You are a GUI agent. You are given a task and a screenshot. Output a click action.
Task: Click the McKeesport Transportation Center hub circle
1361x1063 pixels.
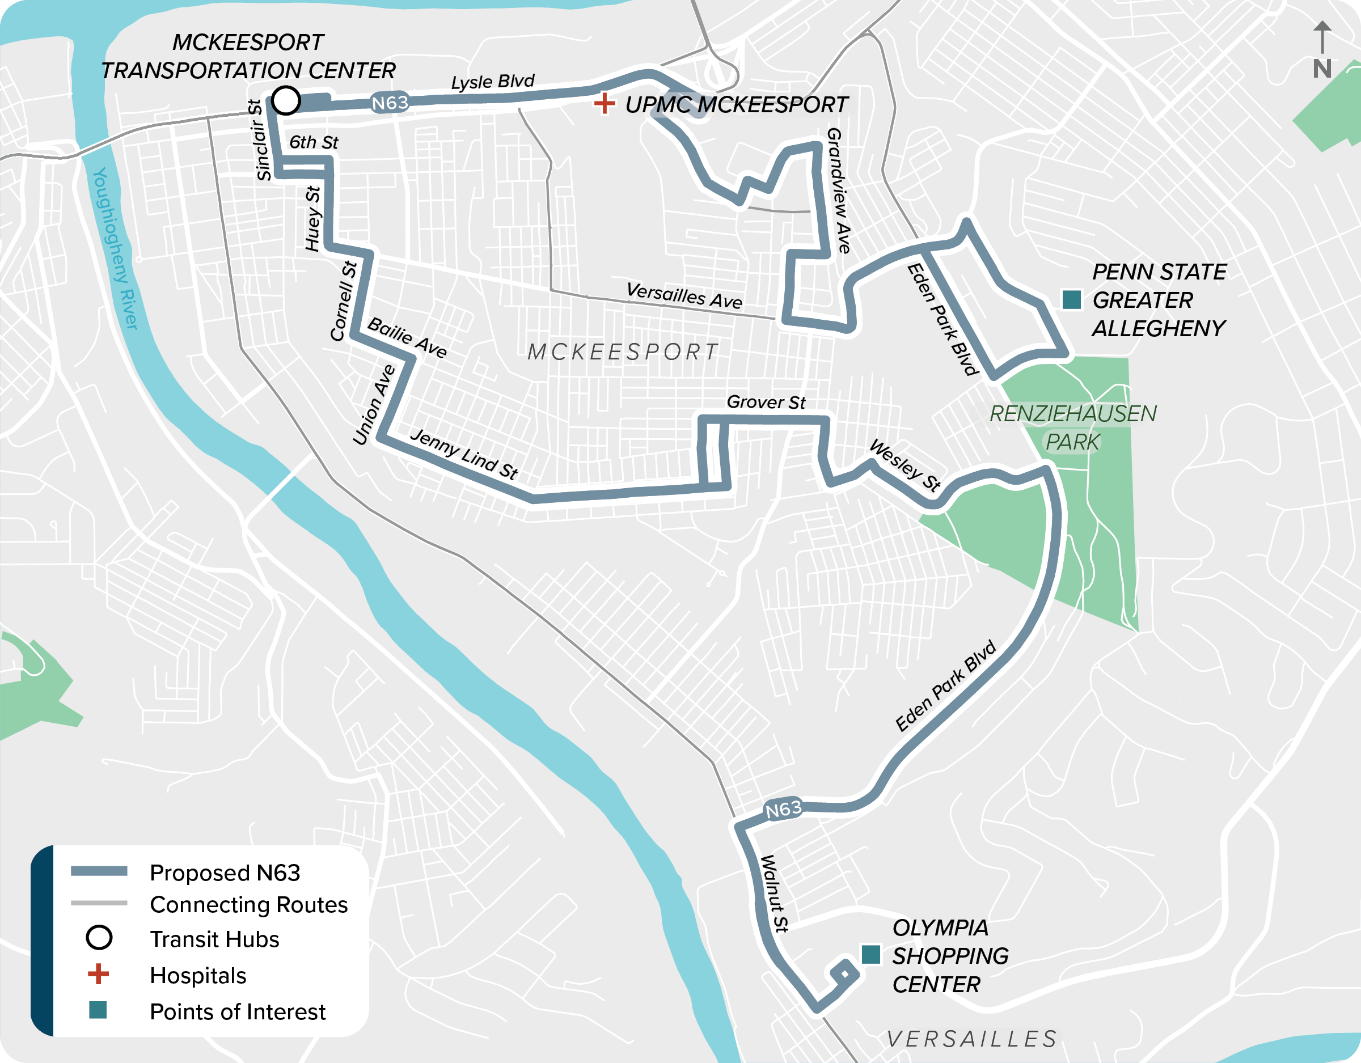286,100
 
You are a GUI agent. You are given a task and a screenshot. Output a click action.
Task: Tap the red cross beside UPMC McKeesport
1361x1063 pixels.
604,103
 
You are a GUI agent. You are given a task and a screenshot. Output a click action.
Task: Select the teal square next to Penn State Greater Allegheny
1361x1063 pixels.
1071,300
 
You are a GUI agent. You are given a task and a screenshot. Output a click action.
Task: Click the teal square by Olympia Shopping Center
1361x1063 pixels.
870,955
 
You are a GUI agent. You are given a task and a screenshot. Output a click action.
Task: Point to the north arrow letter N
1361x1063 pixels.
1322,69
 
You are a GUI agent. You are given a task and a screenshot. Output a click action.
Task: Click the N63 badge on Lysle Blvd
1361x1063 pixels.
390,103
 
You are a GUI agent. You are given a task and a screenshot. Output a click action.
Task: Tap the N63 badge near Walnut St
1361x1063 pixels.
783,809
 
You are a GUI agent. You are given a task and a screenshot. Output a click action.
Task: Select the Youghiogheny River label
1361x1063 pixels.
115,248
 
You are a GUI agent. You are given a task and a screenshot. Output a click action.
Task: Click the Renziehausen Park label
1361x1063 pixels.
1072,427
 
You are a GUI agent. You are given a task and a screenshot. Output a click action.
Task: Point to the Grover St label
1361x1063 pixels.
766,403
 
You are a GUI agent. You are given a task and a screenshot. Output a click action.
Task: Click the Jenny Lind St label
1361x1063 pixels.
464,454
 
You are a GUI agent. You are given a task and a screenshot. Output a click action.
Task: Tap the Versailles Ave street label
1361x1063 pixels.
684,295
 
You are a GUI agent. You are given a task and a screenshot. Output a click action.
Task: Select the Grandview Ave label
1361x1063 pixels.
839,190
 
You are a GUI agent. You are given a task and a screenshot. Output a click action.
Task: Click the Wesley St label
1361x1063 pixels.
905,465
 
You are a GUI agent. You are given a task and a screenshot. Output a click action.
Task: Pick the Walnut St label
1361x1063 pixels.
775,893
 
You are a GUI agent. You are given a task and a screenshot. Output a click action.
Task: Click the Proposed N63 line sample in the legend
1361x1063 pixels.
99,871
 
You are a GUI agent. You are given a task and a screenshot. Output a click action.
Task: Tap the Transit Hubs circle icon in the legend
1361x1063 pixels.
99,937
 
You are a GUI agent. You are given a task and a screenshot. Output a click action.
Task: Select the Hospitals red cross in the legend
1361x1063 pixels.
99,973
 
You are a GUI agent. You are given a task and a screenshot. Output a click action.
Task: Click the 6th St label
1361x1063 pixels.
314,143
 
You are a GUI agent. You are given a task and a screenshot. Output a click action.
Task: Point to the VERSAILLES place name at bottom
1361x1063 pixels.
972,1039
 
